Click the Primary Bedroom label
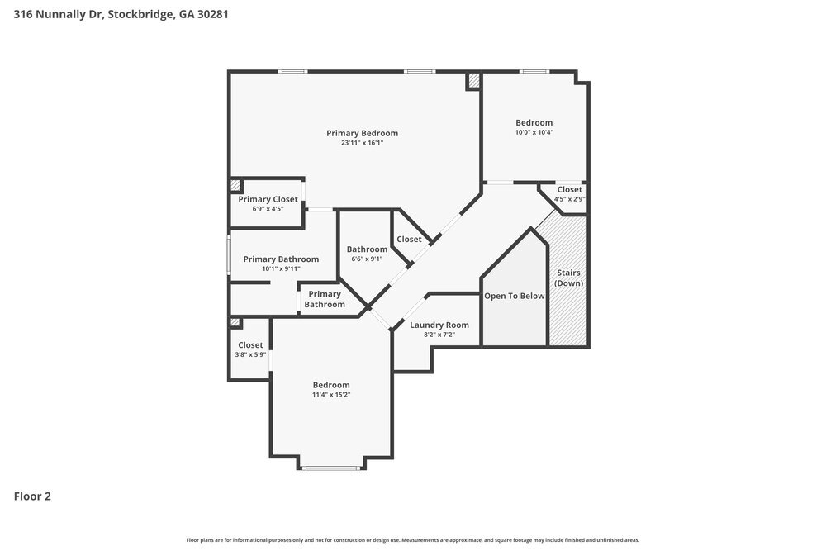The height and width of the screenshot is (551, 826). click(x=362, y=133)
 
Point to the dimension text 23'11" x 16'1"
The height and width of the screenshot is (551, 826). click(x=362, y=143)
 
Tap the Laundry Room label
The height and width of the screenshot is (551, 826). click(x=439, y=325)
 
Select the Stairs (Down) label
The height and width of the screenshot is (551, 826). click(x=568, y=278)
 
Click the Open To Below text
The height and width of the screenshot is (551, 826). click(x=514, y=296)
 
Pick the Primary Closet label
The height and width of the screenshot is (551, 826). click(x=268, y=199)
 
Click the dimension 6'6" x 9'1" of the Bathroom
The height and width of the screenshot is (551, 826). click(x=367, y=259)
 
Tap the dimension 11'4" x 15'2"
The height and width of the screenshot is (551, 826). click(x=330, y=395)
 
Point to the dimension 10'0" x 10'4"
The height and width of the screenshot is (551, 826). click(x=534, y=132)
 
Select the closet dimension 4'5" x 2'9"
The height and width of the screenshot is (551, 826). click(x=569, y=199)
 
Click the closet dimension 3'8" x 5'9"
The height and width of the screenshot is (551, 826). click(x=250, y=355)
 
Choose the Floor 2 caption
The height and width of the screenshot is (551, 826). click(x=32, y=496)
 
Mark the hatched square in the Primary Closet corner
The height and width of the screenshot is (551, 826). click(x=235, y=186)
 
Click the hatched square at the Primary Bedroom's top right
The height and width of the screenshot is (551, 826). click(x=473, y=81)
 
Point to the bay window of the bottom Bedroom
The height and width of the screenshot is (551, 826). click(x=330, y=468)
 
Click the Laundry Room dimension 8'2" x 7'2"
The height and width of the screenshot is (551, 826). click(x=439, y=335)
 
